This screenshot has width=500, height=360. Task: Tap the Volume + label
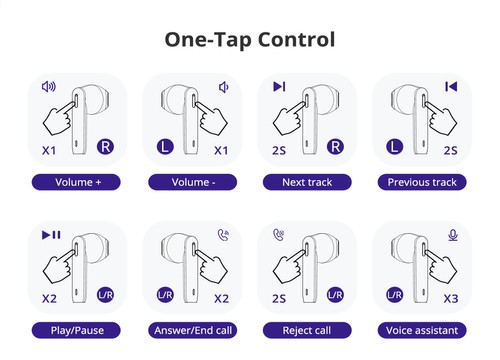[76, 182]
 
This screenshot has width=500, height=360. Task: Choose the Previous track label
[422, 182]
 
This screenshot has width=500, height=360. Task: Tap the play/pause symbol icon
[51, 235]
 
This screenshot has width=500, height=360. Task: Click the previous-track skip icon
[452, 87]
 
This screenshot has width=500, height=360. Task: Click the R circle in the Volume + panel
[104, 148]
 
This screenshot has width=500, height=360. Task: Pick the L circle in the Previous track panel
[394, 148]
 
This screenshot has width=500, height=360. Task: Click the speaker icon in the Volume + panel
[48, 87]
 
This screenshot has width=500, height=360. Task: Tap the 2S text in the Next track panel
[279, 150]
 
